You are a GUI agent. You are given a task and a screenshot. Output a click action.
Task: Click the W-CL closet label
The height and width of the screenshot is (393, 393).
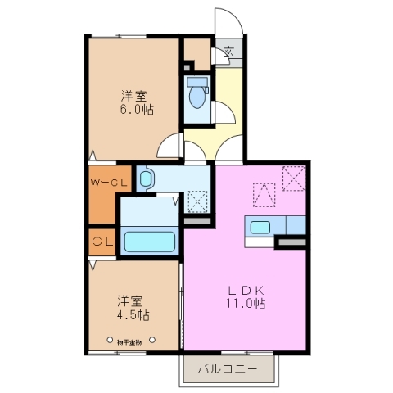pyautogui.click(x=108, y=183)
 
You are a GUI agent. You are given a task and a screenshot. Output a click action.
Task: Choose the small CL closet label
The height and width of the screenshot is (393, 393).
pyautogui.click(x=102, y=242)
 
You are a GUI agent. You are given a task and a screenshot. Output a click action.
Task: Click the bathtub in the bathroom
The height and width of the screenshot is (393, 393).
pyautogui.click(x=151, y=242)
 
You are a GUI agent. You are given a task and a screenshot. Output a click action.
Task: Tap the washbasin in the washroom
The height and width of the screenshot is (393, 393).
pyautogui.click(x=147, y=178)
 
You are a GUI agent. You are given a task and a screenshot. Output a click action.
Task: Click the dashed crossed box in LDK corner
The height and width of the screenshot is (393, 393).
pyautogui.click(x=292, y=178)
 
